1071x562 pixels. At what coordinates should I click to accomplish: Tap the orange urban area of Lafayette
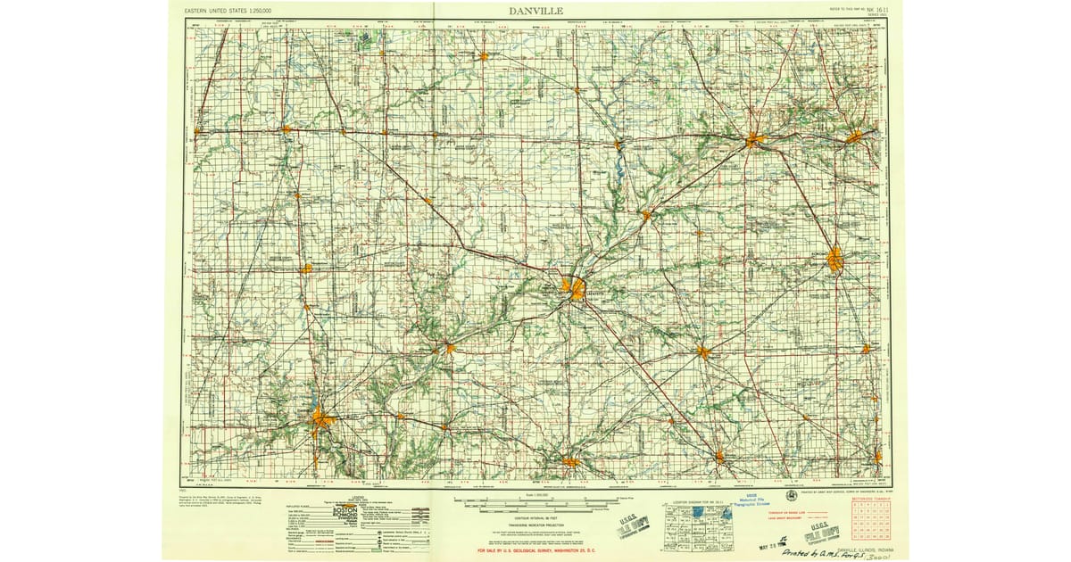(x=576, y=288)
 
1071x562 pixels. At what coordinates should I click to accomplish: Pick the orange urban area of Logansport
(x=755, y=139)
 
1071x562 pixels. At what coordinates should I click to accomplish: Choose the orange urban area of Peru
(x=855, y=137)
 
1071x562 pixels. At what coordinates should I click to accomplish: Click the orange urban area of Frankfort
(x=703, y=351)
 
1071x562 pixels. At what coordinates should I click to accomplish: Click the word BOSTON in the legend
(x=346, y=509)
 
